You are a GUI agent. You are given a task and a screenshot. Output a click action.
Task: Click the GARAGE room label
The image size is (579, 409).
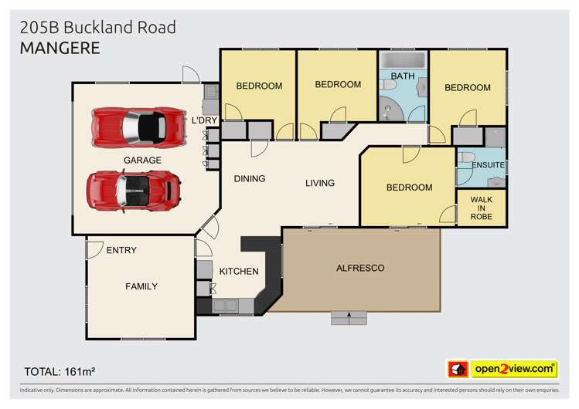tap(142, 161)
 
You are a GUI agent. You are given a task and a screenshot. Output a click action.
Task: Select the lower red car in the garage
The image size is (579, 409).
tap(133, 188)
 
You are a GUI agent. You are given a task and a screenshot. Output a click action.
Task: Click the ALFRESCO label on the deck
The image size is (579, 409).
tap(359, 268)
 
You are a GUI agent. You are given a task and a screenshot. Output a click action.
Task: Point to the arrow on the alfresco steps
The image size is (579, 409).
tap(349, 316)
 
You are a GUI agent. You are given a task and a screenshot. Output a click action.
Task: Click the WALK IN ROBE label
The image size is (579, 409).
tap(481, 208)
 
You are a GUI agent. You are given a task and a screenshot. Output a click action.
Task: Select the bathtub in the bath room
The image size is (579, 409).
tap(402, 60)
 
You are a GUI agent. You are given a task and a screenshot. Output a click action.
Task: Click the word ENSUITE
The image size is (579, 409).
tap(488, 165)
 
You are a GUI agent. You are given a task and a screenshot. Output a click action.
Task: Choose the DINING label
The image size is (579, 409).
tap(250, 179)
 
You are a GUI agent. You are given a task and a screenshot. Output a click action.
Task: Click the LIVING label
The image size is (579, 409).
tap(319, 183)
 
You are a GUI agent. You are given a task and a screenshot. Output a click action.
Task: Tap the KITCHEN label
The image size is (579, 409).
tap(238, 272)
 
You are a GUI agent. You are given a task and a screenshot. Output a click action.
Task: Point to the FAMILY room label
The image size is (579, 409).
tap(141, 286)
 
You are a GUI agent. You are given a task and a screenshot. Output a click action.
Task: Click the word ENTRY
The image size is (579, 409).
tap(121, 250)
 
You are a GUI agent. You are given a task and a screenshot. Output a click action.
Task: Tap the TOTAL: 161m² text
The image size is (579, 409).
tap(60, 369)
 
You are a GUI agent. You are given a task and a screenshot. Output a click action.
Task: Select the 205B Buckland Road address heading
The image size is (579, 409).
tap(97, 28)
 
